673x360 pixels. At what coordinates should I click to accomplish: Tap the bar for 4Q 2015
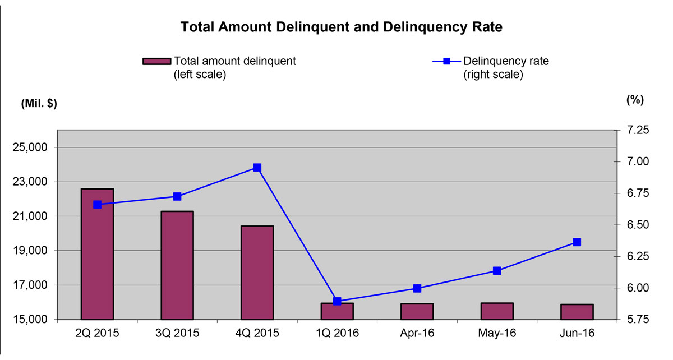click(x=257, y=273)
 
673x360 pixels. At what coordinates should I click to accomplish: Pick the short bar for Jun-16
click(x=577, y=312)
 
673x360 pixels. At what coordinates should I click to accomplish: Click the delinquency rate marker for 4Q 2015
click(x=257, y=168)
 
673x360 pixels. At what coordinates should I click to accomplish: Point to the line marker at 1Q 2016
click(x=337, y=301)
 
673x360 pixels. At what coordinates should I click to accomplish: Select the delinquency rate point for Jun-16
click(x=577, y=242)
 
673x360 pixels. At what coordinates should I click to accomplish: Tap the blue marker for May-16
click(x=497, y=271)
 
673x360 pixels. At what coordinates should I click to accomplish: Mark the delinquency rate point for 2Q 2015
click(x=97, y=205)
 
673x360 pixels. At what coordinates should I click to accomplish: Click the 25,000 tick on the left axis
click(x=35, y=147)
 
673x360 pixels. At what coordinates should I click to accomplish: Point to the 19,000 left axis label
click(x=35, y=251)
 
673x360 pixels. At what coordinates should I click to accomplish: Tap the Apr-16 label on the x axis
click(x=417, y=333)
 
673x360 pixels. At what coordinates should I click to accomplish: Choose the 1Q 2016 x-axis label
click(x=337, y=333)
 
